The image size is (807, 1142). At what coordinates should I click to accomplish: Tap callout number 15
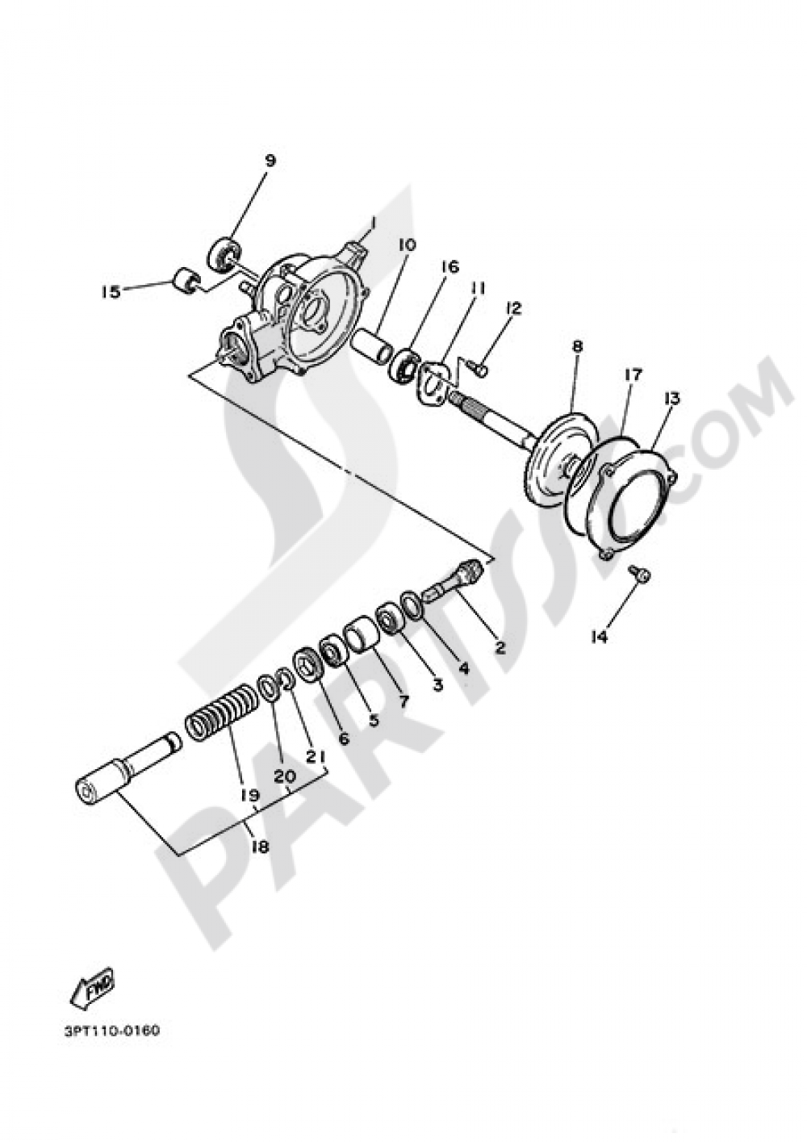[111, 292]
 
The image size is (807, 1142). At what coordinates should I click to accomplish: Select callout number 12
[514, 308]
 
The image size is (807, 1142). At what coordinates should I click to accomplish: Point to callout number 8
[576, 347]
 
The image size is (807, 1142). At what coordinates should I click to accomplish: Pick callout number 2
[500, 647]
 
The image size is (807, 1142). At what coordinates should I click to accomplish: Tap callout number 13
[671, 398]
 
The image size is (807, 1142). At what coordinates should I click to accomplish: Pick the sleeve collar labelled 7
[362, 634]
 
